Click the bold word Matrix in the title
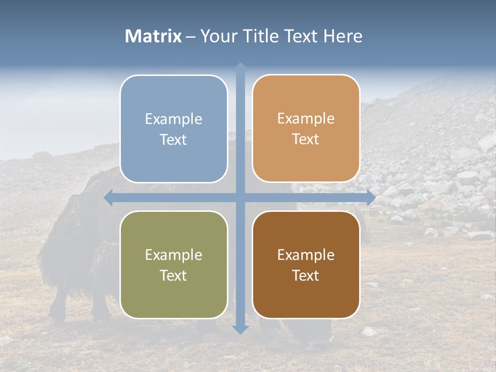pyautogui.click(x=153, y=36)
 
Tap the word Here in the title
pyautogui.click(x=343, y=36)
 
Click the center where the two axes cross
pyautogui.click(x=240, y=197)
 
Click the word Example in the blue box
pyautogui.click(x=174, y=119)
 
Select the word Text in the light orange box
pyautogui.click(x=306, y=139)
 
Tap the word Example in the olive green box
pyautogui.click(x=174, y=255)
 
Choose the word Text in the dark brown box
pyautogui.click(x=306, y=276)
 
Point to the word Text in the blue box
pyautogui.click(x=174, y=140)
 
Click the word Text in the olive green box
pyautogui.click(x=174, y=276)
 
